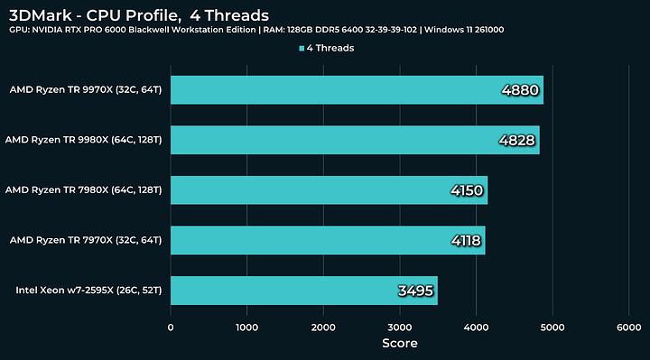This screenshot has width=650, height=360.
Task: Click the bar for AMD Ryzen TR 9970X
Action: (357, 90)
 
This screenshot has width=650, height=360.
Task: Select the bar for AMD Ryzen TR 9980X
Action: (355, 140)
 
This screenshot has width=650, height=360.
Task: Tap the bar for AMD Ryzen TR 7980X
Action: (329, 190)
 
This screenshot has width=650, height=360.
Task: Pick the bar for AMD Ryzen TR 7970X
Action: (328, 240)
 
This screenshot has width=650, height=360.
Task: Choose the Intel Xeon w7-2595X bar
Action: (303, 291)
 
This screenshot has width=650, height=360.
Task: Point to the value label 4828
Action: (516, 141)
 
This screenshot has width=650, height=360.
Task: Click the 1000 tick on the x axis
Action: (246, 328)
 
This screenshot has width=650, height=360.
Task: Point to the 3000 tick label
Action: (399, 328)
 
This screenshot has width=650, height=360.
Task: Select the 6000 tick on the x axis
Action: (628, 328)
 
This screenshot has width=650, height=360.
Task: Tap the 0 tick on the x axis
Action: (171, 328)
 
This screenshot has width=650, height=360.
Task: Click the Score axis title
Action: (398, 344)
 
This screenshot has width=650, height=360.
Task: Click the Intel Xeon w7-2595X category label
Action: (88, 291)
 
